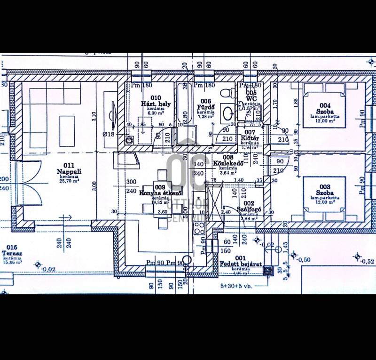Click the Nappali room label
tap(66, 172)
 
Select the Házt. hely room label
tap(156, 104)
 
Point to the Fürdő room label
tap(206, 107)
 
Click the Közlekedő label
tap(227, 163)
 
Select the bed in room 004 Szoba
tap(324, 105)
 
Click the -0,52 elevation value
tap(368, 262)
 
